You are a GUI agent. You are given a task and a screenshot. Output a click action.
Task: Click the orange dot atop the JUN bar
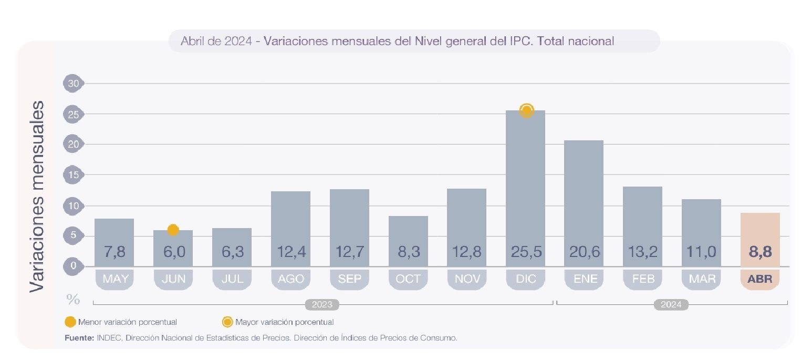pyautogui.click(x=173, y=230)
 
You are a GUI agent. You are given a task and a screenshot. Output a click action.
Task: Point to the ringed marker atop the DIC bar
pyautogui.click(x=526, y=110)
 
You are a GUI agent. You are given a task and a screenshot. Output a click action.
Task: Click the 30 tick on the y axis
pyautogui.click(x=73, y=83)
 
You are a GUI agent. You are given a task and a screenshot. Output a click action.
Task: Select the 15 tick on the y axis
pyautogui.click(x=73, y=174)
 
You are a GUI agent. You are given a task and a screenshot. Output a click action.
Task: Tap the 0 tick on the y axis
pyautogui.click(x=73, y=266)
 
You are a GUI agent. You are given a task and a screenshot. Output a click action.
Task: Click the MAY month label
pyautogui.click(x=114, y=279)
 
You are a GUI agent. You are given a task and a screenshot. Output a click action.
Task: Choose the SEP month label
pyautogui.click(x=350, y=279)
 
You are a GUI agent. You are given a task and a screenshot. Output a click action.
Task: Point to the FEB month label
pyautogui.click(x=643, y=279)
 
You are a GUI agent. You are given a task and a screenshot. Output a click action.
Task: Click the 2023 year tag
pyautogui.click(x=322, y=304)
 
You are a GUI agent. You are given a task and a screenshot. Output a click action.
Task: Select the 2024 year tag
pyautogui.click(x=671, y=304)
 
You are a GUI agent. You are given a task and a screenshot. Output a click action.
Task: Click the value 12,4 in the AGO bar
pyautogui.click(x=290, y=252)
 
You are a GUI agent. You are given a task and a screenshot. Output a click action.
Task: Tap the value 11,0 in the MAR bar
pyautogui.click(x=701, y=252)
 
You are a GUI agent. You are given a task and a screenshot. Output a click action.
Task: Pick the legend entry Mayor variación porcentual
pyautogui.click(x=284, y=322)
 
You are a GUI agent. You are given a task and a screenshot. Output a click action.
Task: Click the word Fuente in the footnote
pyautogui.click(x=79, y=338)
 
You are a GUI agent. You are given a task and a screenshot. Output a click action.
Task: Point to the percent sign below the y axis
pyautogui.click(x=73, y=300)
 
